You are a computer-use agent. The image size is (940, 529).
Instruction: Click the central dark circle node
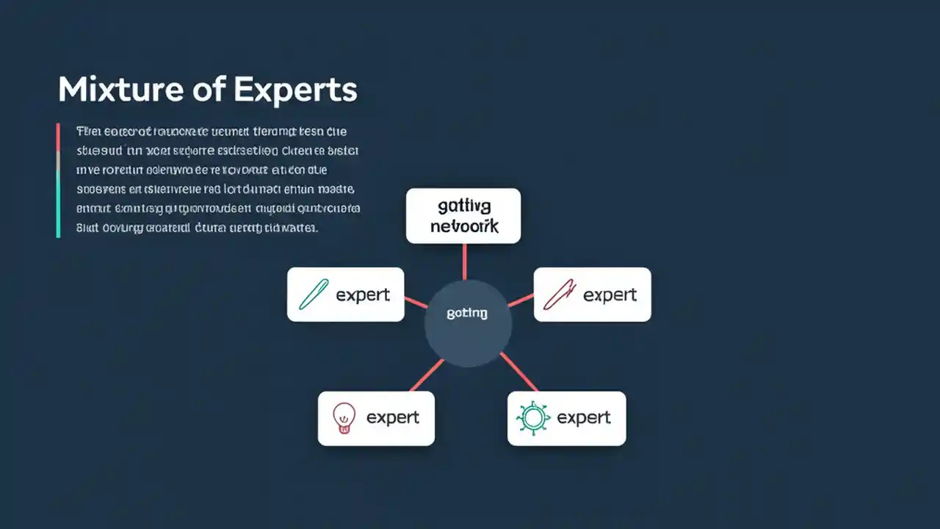coord(468,323)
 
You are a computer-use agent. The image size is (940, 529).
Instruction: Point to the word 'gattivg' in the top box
coord(463,206)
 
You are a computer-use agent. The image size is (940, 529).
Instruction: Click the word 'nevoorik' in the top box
coord(463,226)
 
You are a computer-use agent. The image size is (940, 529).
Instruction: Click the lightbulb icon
coord(344,417)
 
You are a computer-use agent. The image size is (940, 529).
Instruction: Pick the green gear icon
coord(532,418)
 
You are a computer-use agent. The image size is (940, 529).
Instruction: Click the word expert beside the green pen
coord(363,295)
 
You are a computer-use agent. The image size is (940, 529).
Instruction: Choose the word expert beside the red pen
coord(610,295)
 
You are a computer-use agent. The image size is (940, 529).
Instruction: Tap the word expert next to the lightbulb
coord(393,418)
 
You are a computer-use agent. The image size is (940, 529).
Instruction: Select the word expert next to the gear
coord(584,418)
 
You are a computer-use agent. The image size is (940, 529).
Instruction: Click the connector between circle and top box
coord(464,261)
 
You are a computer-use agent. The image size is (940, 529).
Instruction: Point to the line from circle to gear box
coord(518,372)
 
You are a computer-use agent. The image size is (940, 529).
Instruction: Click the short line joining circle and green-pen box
coord(416,303)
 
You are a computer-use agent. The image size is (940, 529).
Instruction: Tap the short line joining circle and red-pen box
coord(521,301)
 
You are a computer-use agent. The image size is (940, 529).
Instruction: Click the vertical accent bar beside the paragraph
coord(58,180)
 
